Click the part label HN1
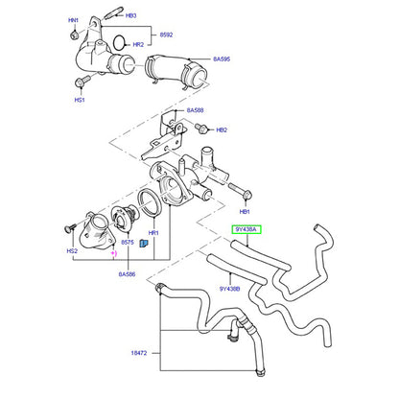click(x=73, y=20)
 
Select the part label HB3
click(x=131, y=15)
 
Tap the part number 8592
click(x=166, y=35)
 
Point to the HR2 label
click(x=138, y=45)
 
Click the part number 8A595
click(x=222, y=59)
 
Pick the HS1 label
click(x=80, y=100)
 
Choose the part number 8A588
click(x=195, y=110)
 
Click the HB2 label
click(x=222, y=130)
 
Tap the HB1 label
click(x=245, y=212)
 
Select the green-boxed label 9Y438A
click(x=246, y=229)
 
